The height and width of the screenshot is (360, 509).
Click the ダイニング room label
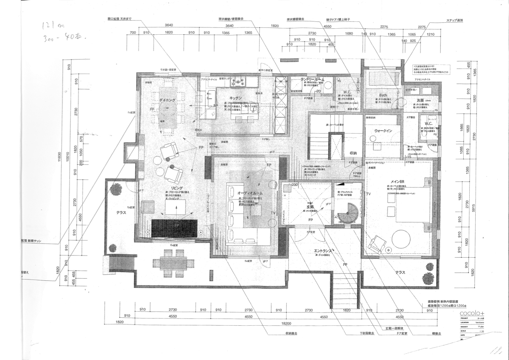coord(167,99)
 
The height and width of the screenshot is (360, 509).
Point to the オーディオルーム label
coord(250,193)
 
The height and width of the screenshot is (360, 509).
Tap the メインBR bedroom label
coord(397,181)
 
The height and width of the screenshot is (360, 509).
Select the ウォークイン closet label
coord(383,131)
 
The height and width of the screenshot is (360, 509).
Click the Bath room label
coord(383,95)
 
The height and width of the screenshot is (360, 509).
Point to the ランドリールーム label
coord(314,80)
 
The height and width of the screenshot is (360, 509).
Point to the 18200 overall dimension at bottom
coord(286,323)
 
